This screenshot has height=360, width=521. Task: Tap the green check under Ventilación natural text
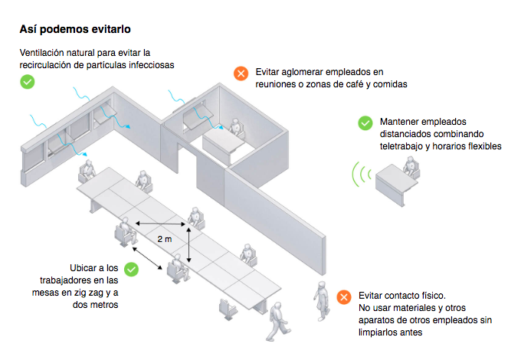28,80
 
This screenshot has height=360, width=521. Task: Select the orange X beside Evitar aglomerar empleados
241,74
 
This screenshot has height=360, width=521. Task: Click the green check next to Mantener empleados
365,123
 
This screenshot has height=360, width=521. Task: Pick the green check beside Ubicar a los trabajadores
131,270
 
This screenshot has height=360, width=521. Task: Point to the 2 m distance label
164,240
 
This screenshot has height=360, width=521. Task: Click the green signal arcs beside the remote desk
358,175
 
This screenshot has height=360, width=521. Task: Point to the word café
349,84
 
